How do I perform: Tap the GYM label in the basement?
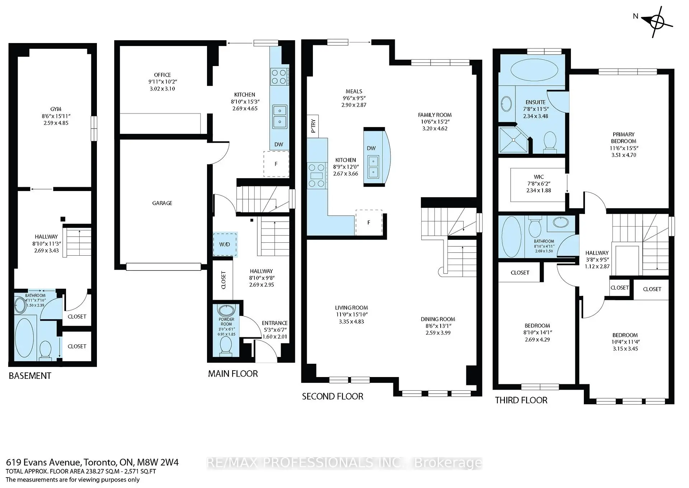tap(56, 109)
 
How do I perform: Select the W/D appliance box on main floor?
tap(225, 244)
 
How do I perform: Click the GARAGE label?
tap(162, 203)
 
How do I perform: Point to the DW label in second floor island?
tap(371, 148)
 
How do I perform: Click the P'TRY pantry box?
tap(313, 126)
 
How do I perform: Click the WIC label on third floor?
tap(539, 177)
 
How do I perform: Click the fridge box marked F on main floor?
tap(276, 164)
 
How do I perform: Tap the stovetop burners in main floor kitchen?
tap(279, 76)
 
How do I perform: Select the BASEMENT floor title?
tap(30, 376)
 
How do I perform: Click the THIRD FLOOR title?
tap(521, 400)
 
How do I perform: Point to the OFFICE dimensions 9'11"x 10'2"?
tap(162, 82)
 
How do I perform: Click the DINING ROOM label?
tap(438, 319)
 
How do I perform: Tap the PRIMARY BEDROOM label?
tap(623, 138)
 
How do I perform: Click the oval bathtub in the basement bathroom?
tap(24, 337)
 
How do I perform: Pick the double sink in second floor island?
tap(373, 167)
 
